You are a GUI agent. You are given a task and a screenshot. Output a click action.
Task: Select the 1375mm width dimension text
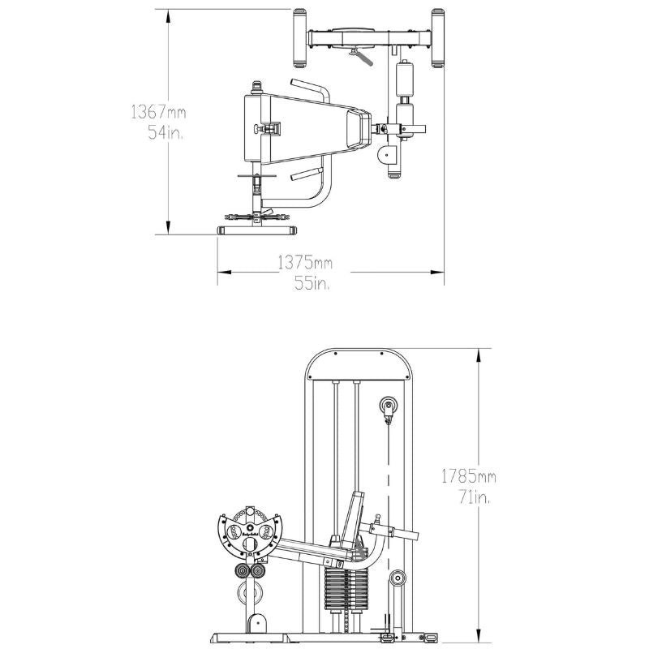point(305,263)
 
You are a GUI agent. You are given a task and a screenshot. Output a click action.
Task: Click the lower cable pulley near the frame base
point(398,578)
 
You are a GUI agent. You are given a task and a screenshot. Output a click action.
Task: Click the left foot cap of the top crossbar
point(299,37)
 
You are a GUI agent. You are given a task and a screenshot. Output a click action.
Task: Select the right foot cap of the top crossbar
point(438,37)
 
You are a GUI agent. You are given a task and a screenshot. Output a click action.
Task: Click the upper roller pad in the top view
point(403,80)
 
